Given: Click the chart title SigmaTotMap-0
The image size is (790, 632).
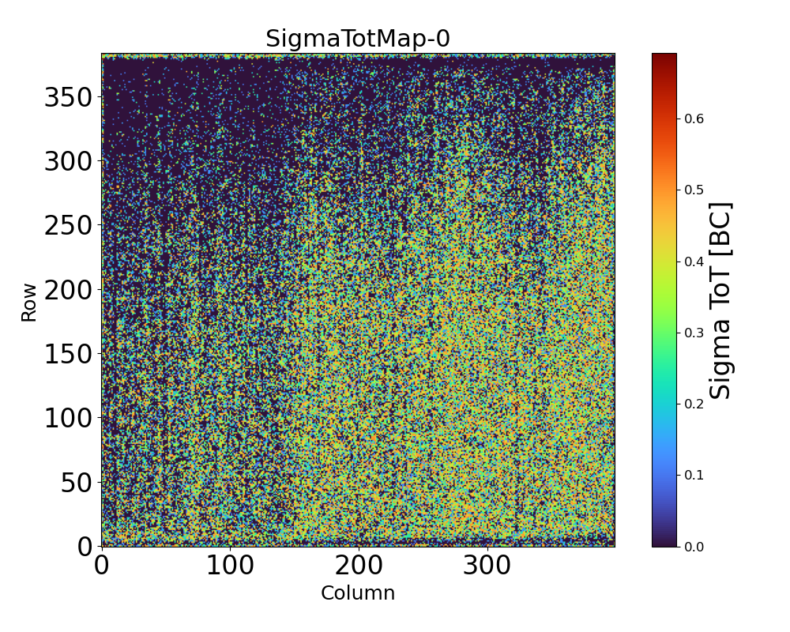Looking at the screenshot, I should click(x=358, y=39).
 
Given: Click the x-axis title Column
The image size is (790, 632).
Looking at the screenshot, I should click(x=358, y=593).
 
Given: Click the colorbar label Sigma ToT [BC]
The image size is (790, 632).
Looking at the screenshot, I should click(x=720, y=300).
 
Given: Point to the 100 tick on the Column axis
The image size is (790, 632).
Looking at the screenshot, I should click(x=230, y=567).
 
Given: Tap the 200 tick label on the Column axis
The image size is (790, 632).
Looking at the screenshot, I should click(x=359, y=567).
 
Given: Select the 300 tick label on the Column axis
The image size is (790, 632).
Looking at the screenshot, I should click(x=487, y=567).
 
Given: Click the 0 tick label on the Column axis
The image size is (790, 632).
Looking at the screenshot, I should click(x=102, y=567).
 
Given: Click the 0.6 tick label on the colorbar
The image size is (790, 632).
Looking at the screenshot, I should click(x=694, y=118).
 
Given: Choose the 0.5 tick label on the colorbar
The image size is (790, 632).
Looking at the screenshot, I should click(x=694, y=190).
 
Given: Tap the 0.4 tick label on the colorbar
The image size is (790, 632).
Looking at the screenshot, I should click(x=694, y=261).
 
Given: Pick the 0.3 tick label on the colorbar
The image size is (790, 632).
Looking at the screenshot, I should click(x=694, y=333).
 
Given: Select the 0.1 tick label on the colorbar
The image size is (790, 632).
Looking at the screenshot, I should click(x=694, y=475).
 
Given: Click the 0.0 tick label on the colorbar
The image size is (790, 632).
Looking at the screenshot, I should click(x=694, y=546).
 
